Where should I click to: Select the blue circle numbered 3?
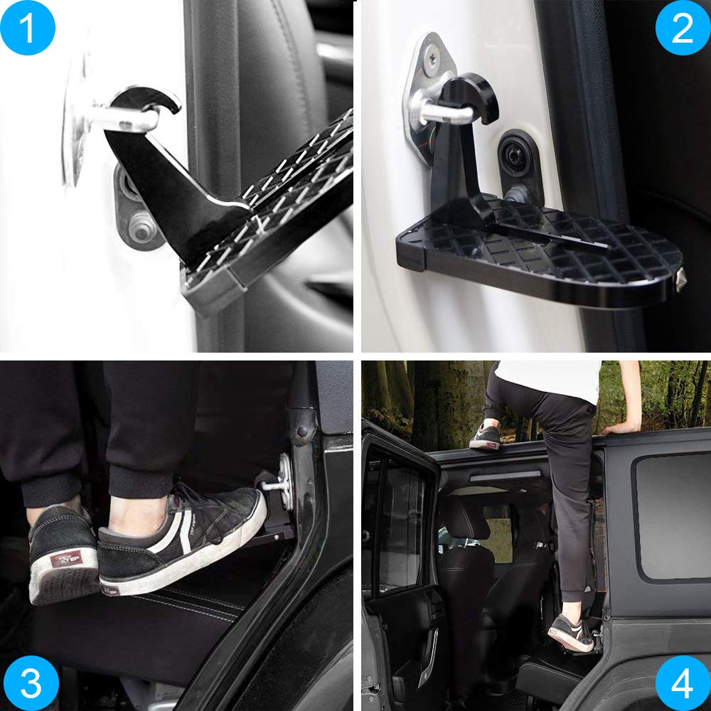(31, 683)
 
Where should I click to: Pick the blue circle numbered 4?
(682, 683)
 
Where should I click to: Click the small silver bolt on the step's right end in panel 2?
(680, 279)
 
